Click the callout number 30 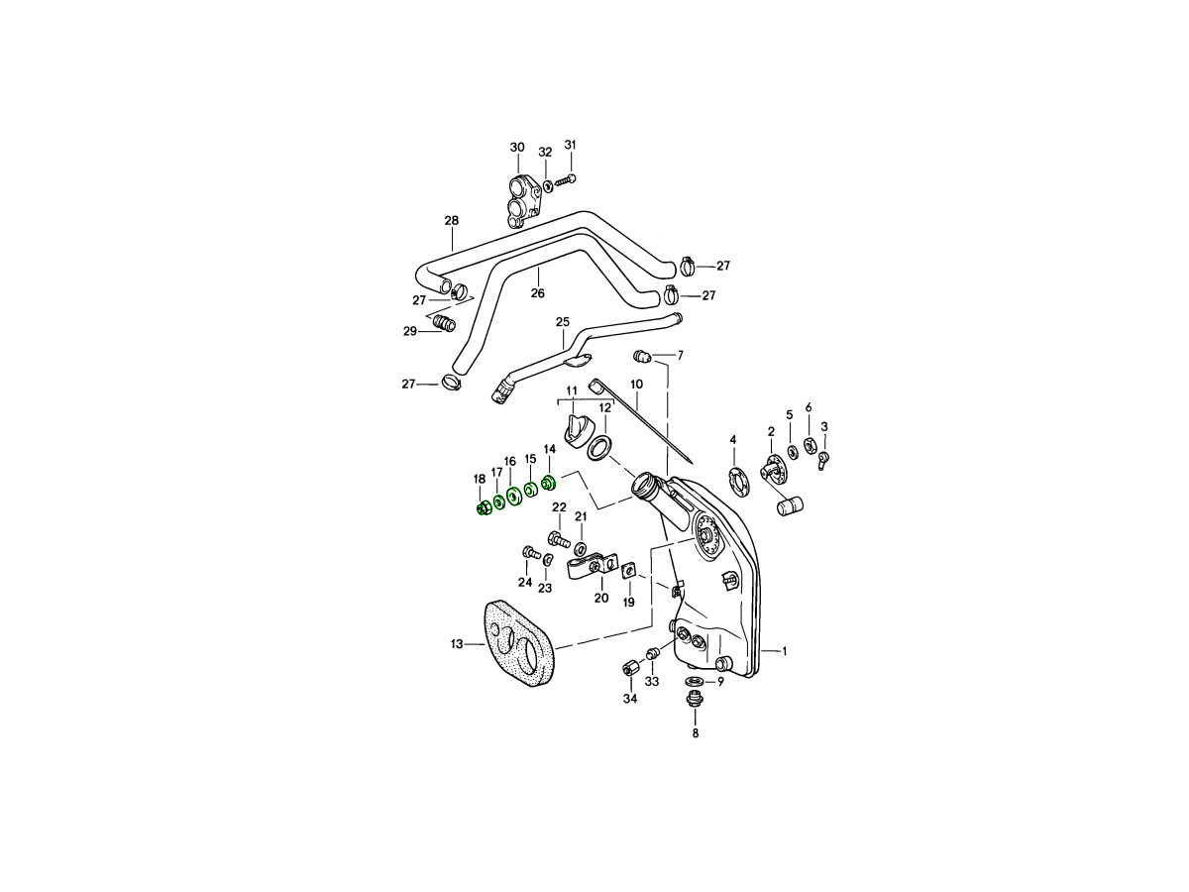(x=517, y=148)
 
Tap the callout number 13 (x=457, y=644)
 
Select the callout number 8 (x=696, y=733)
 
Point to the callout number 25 (x=563, y=322)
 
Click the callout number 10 (x=636, y=384)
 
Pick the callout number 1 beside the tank (x=785, y=651)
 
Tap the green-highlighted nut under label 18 (x=105, y=509)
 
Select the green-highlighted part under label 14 (x=549, y=482)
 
